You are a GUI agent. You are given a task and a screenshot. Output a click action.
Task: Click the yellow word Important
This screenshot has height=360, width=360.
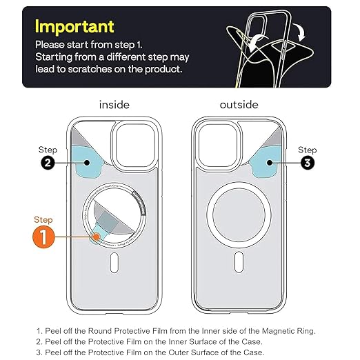[74, 27]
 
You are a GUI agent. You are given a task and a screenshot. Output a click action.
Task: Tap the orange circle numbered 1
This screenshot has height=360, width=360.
[43, 239]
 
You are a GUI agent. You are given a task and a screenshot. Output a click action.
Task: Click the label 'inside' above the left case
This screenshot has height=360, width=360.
[114, 105]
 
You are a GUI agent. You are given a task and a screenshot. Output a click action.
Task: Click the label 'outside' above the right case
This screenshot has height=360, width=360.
[239, 105]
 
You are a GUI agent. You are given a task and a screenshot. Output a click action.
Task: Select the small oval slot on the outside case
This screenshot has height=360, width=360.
[239, 263]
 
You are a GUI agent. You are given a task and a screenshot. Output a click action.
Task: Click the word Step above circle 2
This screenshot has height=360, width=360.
[48, 150]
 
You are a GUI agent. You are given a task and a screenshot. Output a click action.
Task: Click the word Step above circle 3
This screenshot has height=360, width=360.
[307, 150]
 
